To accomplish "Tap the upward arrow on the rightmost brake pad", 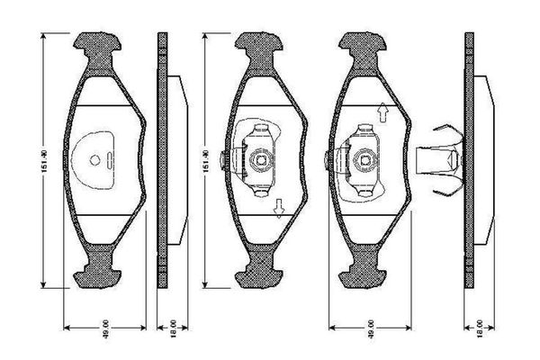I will (382, 112).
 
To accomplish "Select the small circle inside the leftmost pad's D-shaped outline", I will (95, 162).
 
